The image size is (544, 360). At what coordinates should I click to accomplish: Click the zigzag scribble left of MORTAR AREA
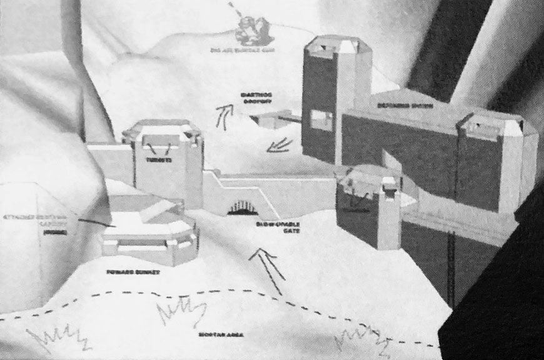(x=181, y=311)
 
